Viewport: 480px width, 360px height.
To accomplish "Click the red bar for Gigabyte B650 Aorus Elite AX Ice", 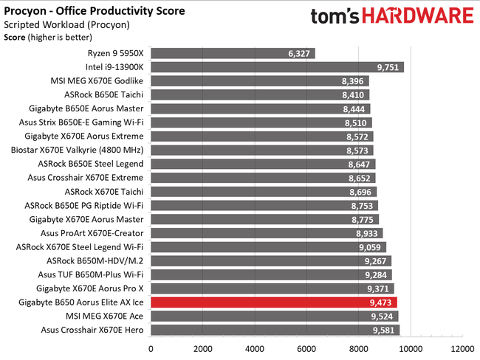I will point(273,302).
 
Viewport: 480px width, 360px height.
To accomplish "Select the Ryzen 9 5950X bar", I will point(233,53).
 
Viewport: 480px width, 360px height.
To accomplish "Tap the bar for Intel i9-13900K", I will point(277,67).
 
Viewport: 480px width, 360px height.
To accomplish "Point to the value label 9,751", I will point(388,67).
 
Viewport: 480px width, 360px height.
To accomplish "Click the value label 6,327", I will point(300,53).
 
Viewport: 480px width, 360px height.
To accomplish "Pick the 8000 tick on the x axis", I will point(358,348).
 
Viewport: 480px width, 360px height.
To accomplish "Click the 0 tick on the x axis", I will point(151,348).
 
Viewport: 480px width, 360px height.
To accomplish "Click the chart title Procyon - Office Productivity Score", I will point(95,11).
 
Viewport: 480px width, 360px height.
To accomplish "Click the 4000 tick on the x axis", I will point(255,348).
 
